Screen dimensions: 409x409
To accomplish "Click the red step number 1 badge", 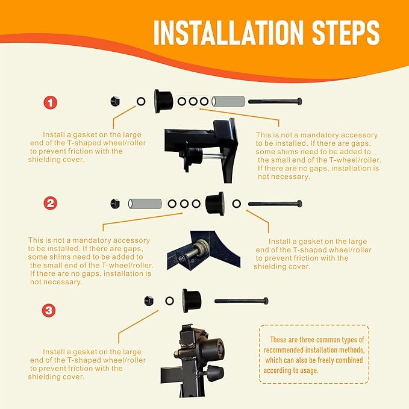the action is click(51, 102).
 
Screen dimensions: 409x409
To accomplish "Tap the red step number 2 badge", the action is click(51, 203).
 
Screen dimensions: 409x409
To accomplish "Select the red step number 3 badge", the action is click(49, 310).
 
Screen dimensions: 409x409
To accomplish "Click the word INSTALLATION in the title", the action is click(228, 33).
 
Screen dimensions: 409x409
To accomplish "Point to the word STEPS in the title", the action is click(346, 33).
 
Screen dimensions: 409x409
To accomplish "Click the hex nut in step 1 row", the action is click(115, 101).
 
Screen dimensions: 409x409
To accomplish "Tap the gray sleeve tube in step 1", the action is click(228, 101).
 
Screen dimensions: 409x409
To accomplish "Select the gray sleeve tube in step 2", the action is click(145, 204).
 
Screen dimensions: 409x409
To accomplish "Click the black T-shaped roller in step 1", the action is click(163, 101).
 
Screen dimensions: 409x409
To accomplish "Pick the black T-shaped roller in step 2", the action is click(215, 204).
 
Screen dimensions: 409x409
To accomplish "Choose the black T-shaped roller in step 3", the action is click(192, 301).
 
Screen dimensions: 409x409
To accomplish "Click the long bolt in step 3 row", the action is click(242, 301).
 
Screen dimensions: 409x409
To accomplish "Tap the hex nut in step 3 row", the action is click(149, 301).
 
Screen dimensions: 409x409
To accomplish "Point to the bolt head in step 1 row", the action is click(299, 101).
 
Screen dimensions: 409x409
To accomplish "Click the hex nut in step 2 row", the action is click(115, 204).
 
